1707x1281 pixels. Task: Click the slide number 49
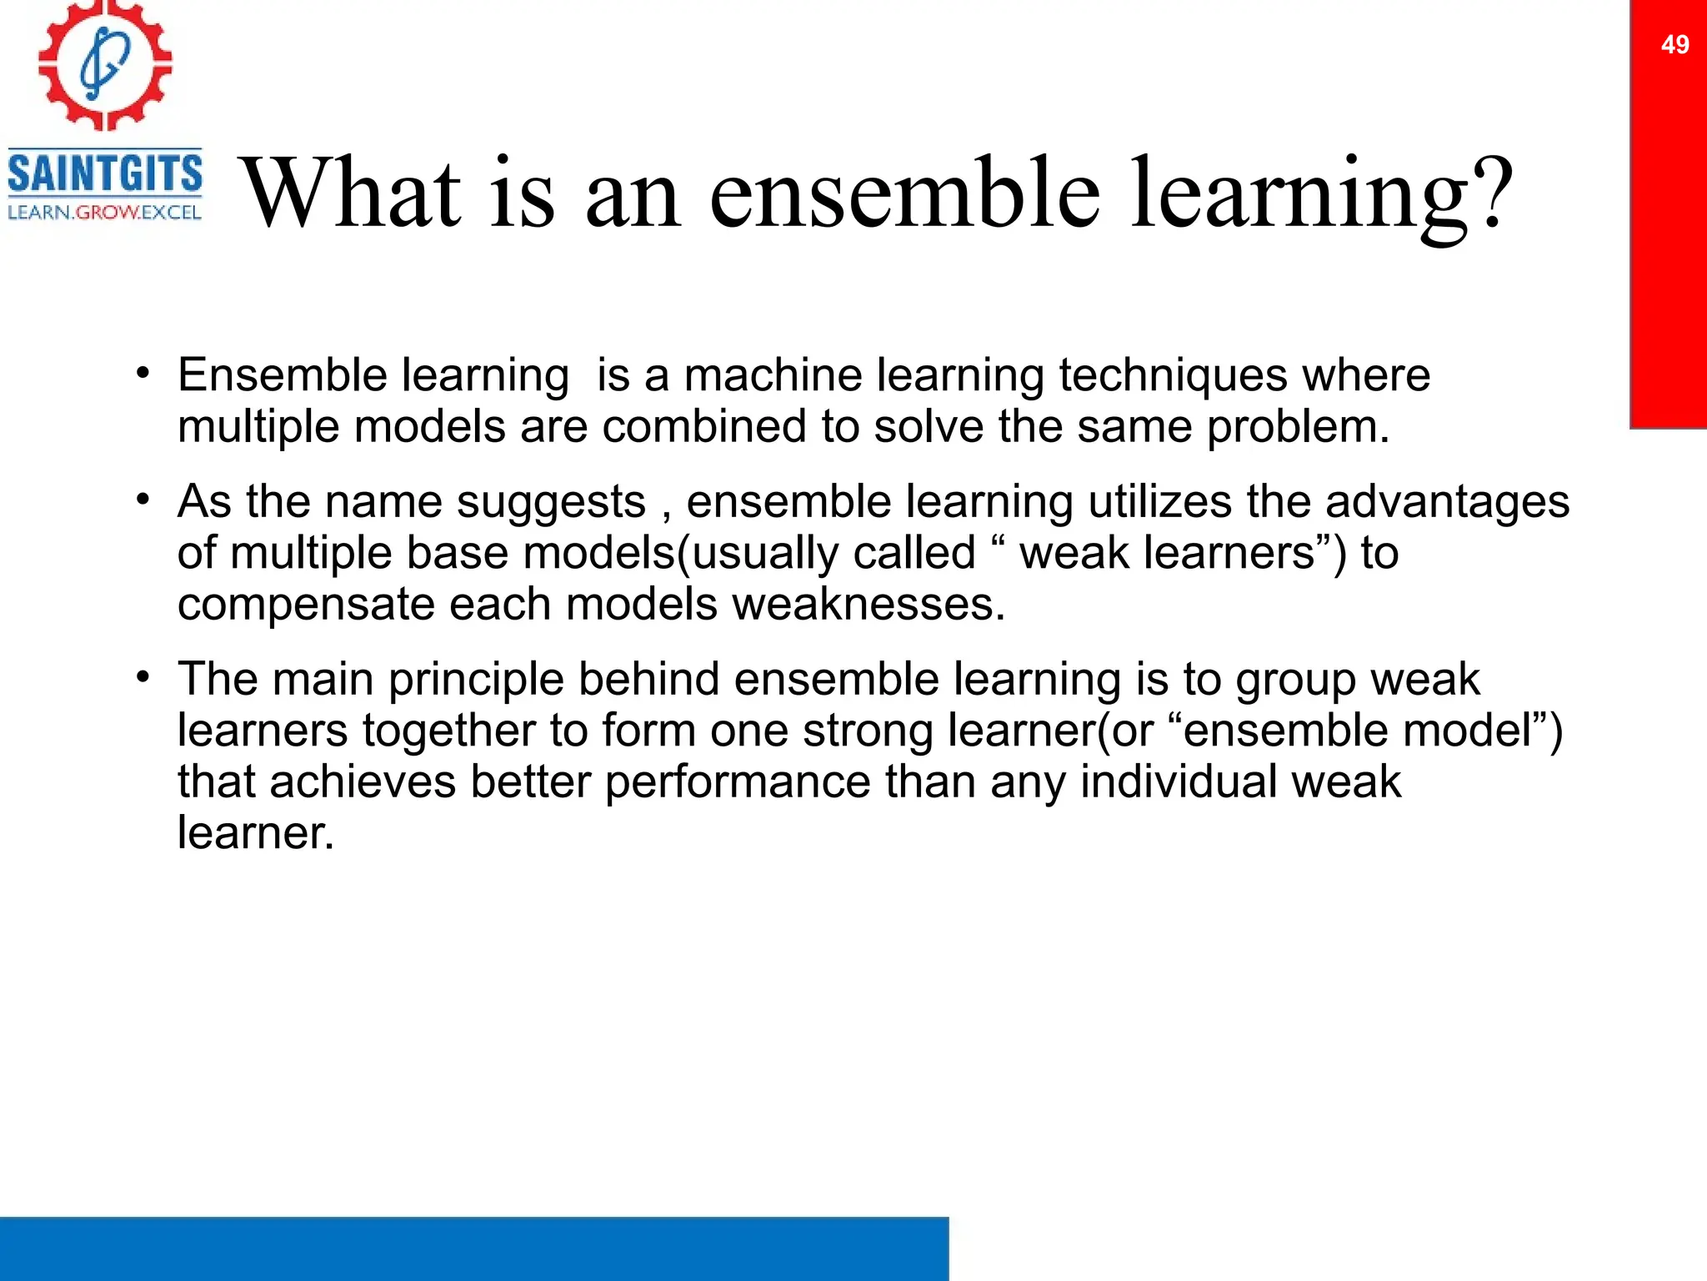[1674, 44]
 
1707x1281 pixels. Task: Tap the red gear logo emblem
[105, 65]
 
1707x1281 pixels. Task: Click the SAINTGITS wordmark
[105, 173]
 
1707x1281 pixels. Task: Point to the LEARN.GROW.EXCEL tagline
[105, 213]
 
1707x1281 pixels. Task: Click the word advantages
[1447, 502]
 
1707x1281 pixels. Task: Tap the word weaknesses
[868, 605]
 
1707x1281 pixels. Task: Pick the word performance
[737, 782]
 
